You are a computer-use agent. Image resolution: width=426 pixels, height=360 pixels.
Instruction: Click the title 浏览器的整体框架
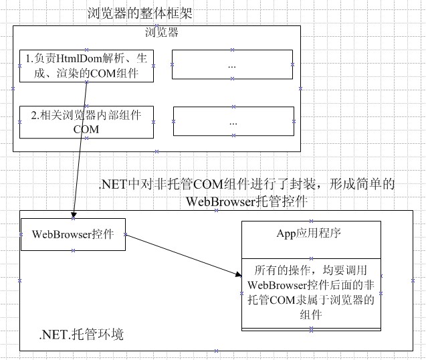pos(140,13)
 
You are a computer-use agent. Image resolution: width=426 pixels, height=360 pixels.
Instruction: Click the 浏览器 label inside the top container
pos(162,32)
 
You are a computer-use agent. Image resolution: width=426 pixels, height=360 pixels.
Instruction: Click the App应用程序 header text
pos(309,234)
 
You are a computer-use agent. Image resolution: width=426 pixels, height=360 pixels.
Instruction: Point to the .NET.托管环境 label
pos(81,334)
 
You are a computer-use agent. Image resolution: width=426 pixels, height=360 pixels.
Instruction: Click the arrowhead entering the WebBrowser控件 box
pos(74,215)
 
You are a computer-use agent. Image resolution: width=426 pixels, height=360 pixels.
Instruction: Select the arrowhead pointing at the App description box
pos(239,274)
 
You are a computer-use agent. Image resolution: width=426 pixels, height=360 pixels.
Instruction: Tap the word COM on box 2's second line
pos(86,129)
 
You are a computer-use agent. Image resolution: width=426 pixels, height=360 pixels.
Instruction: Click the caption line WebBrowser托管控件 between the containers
pos(247,201)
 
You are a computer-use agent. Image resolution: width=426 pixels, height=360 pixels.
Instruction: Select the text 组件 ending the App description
pos(311,315)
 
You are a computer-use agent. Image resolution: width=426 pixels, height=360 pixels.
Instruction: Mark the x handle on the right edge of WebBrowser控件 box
pos(125,234)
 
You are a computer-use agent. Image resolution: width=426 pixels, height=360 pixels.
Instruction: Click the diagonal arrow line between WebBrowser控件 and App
pos(184,255)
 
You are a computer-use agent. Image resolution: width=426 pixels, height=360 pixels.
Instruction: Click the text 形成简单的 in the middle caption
pos(362,184)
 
